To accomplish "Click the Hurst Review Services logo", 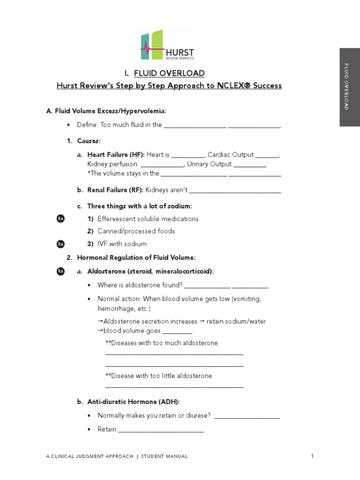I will tap(167, 45).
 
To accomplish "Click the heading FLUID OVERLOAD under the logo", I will tap(169, 73).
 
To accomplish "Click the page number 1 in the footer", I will tap(312, 456).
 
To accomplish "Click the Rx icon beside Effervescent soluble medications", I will tap(60, 219).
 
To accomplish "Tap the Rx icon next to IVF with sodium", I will tap(60, 244).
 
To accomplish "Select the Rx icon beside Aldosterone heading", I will tap(60, 271).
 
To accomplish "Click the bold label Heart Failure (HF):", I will tap(116, 155).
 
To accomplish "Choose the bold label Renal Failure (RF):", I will tap(115, 190).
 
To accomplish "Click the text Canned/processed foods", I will tap(136, 231).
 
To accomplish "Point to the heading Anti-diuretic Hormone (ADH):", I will tap(134, 402).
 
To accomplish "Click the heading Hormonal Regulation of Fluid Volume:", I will tap(136, 257).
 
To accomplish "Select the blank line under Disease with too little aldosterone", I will tap(174, 387).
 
